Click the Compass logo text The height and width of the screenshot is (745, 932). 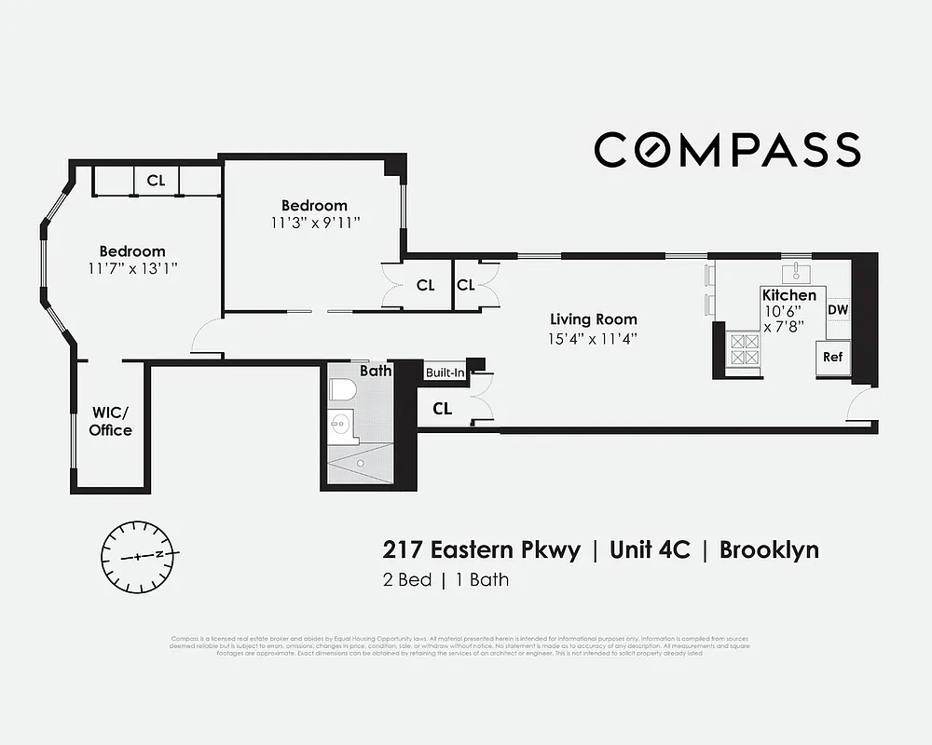click(727, 150)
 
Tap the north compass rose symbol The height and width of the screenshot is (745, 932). click(139, 555)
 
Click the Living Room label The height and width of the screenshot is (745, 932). click(593, 319)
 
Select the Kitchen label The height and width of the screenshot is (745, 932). click(789, 295)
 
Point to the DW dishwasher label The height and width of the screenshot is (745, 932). click(837, 309)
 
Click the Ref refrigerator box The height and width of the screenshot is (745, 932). click(832, 357)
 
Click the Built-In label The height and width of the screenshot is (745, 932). click(445, 372)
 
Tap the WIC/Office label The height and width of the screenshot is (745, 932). click(111, 422)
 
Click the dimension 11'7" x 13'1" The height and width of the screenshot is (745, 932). click(132, 268)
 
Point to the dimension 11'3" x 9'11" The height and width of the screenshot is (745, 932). click(315, 223)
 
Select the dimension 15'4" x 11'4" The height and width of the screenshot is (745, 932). click(593, 339)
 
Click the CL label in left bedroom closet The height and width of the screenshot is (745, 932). click(156, 181)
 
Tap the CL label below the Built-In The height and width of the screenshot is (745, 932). click(442, 408)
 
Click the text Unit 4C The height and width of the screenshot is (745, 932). click(650, 549)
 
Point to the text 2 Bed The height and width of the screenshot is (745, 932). click(407, 580)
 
